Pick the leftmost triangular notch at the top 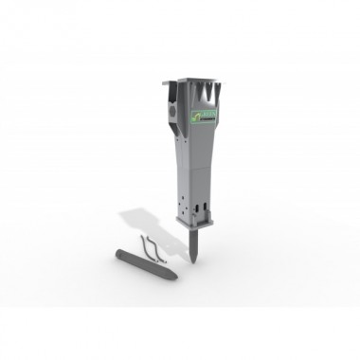pos(189,92)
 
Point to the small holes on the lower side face pos(179,205)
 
